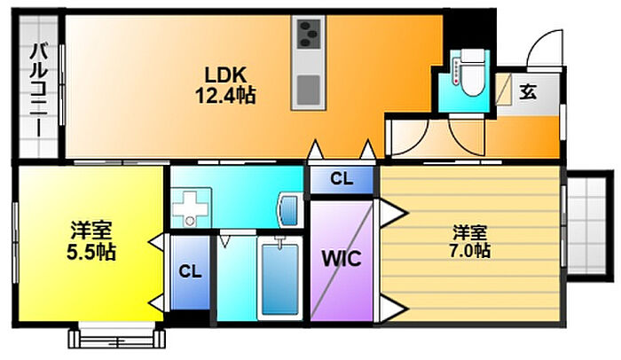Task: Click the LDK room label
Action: pos(225,74)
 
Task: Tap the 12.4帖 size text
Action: pos(225,95)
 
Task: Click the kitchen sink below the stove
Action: pos(309,90)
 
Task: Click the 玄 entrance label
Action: pos(528,92)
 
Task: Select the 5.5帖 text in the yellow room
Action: pos(91,252)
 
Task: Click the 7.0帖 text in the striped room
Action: pos(469,251)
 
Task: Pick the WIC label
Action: pos(342,259)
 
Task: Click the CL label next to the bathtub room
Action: pos(190,271)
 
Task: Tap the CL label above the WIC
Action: pos(342,179)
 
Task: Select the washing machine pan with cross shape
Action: pos(191,207)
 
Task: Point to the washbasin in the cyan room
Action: pos(288,210)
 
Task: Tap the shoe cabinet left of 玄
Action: pos(504,90)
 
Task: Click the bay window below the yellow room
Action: pos(116,335)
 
